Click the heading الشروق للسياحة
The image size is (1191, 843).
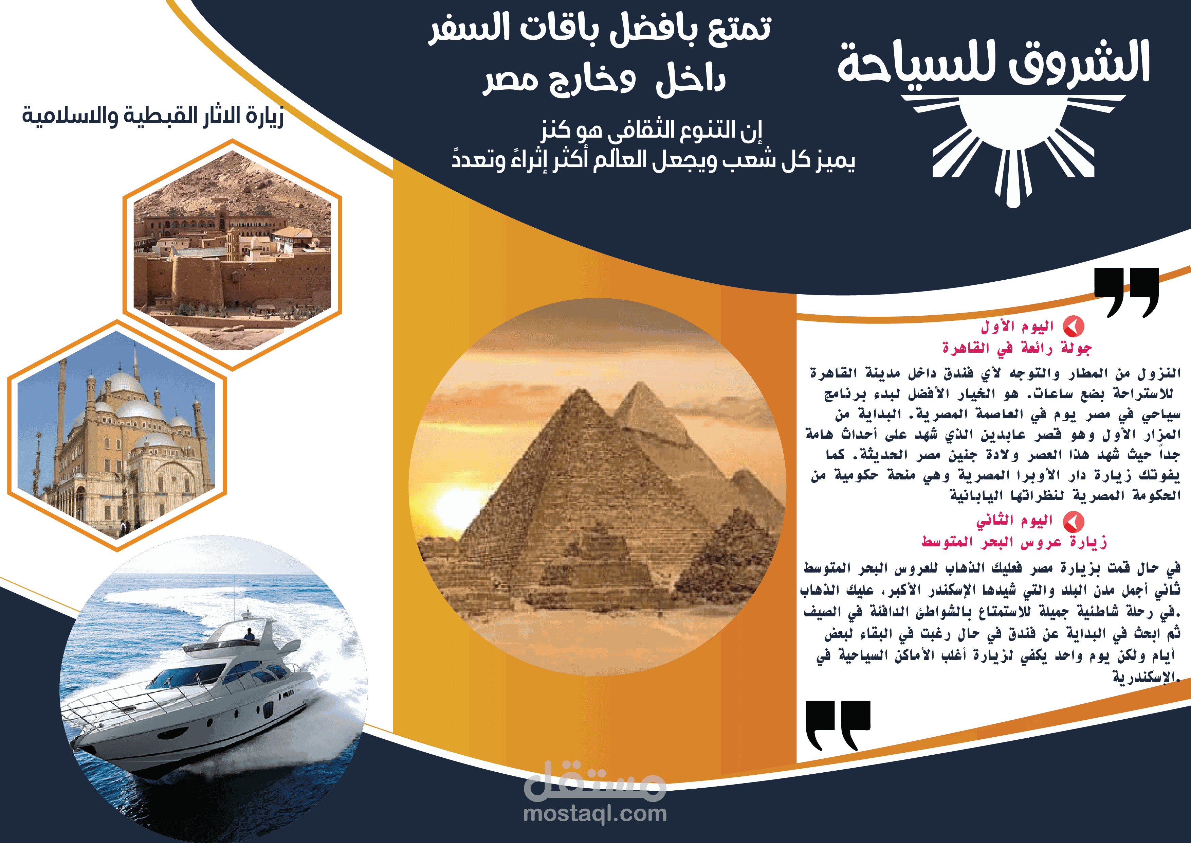994,63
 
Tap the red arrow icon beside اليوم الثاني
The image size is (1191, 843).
1073,521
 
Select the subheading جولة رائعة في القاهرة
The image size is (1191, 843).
1017,348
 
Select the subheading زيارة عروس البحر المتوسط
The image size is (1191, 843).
1014,542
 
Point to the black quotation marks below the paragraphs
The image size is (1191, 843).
838,725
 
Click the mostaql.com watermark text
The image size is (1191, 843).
595,813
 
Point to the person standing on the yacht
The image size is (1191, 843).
250,634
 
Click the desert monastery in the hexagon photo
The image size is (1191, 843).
232,260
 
